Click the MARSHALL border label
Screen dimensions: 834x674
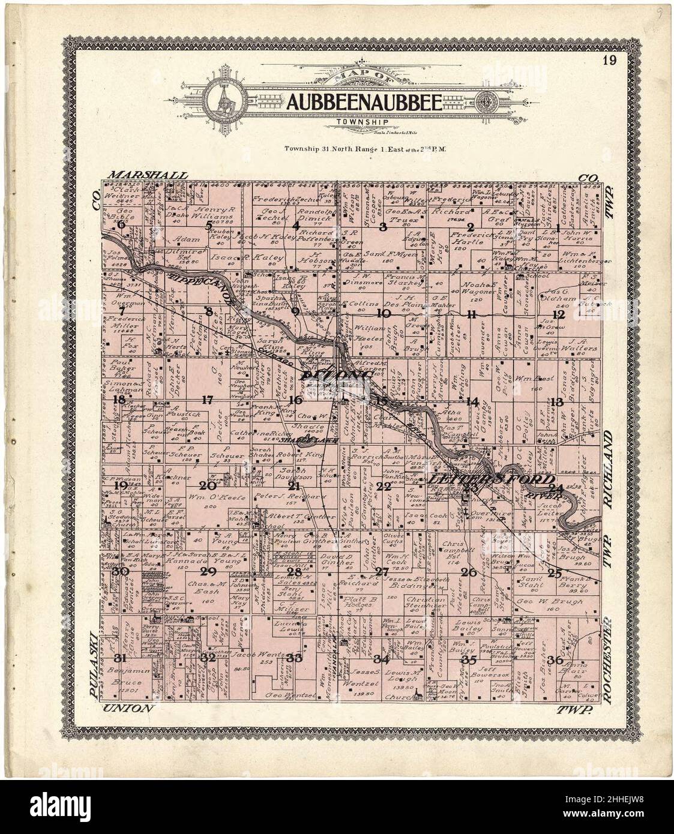tap(149, 175)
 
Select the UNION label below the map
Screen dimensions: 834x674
tap(130, 709)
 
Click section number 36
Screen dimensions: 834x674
tap(555, 660)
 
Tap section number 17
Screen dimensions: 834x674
tap(208, 400)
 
